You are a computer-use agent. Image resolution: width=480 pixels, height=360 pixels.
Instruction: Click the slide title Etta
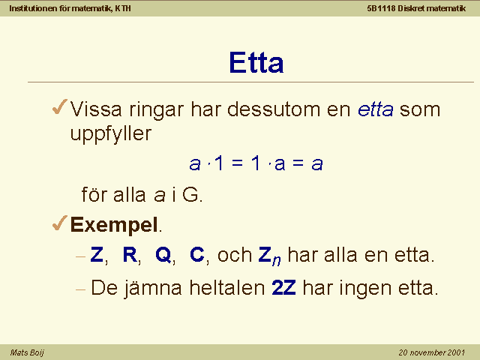[256, 62]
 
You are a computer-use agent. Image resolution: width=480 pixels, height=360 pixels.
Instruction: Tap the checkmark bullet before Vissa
[60, 106]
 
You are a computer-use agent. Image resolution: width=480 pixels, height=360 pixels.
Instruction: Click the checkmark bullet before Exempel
[60, 223]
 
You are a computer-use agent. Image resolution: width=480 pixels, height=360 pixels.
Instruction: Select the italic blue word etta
[376, 109]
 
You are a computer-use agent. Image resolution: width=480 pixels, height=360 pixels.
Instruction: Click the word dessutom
[274, 109]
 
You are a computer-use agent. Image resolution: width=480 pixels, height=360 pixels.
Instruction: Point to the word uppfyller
[111, 133]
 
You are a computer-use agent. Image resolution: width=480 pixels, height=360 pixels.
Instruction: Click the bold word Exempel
[114, 225]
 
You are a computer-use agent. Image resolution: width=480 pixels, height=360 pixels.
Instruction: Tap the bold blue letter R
[130, 254]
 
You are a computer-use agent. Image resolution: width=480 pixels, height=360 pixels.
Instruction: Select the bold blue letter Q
[163, 255]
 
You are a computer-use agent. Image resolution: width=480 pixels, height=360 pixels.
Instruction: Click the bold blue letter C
[196, 254]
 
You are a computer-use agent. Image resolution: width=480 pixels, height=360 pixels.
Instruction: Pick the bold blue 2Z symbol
[283, 287]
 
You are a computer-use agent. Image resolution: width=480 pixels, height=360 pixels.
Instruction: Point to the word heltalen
[227, 287]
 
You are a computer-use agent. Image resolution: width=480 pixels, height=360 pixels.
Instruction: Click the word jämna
[153, 288]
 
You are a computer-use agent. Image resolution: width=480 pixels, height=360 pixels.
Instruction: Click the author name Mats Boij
[27, 352]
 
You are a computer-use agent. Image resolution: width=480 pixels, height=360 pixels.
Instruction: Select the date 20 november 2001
[432, 352]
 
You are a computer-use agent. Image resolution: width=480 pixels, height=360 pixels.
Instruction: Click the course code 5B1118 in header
[382, 8]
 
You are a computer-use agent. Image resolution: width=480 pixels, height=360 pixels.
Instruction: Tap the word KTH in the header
[123, 8]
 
